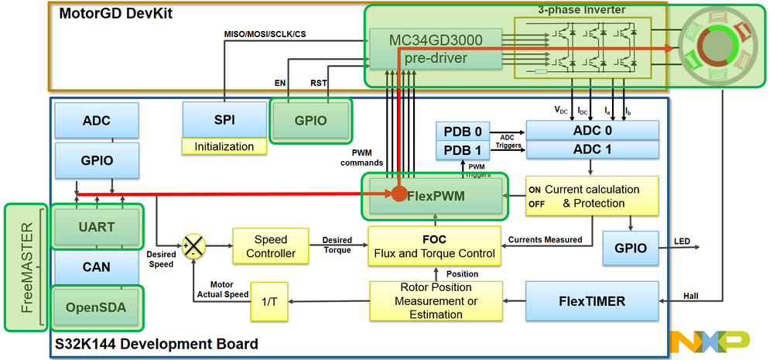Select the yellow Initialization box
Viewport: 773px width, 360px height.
point(224,146)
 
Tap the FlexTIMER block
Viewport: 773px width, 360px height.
point(592,300)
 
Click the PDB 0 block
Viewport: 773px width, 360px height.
point(463,131)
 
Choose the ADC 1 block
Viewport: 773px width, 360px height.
point(591,149)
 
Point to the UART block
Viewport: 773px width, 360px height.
point(97,227)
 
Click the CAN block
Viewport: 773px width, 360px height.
point(97,267)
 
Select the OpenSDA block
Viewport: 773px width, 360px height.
point(97,307)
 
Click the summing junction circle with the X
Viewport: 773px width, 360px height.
point(192,245)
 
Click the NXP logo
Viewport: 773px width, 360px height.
point(709,340)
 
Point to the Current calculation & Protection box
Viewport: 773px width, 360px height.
point(592,197)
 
